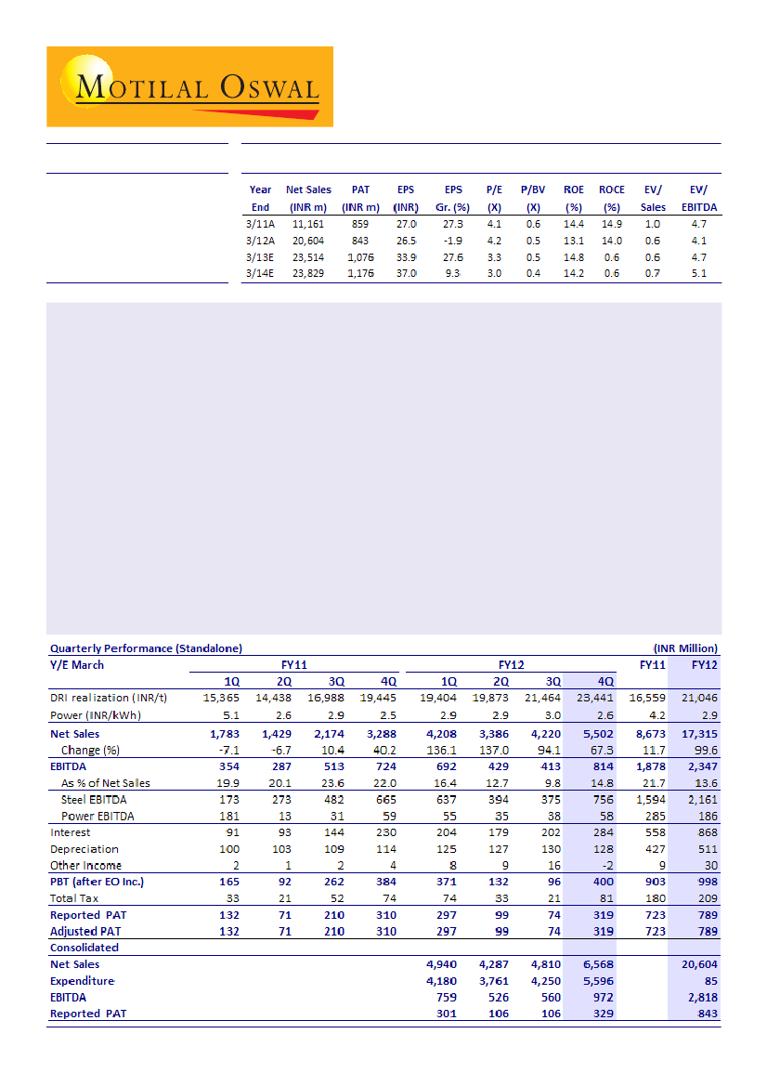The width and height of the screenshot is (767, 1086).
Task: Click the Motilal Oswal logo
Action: tap(189, 86)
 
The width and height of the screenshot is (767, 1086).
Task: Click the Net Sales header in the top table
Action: tap(308, 190)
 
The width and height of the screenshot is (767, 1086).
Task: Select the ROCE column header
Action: tap(612, 190)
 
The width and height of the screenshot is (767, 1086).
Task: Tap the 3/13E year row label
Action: tap(261, 256)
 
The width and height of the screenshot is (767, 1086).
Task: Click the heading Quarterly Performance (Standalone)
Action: tap(147, 648)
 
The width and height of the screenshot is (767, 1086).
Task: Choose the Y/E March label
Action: tap(77, 664)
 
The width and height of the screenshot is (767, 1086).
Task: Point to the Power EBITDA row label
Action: tap(97, 817)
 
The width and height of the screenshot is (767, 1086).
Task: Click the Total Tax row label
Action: tap(75, 898)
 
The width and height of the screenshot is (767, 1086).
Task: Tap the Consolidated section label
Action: tap(84, 948)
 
